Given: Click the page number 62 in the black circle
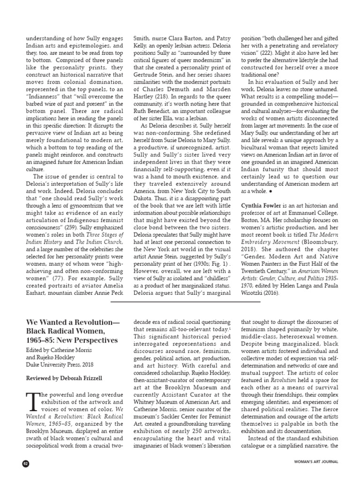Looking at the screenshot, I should (x=25, y=464).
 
